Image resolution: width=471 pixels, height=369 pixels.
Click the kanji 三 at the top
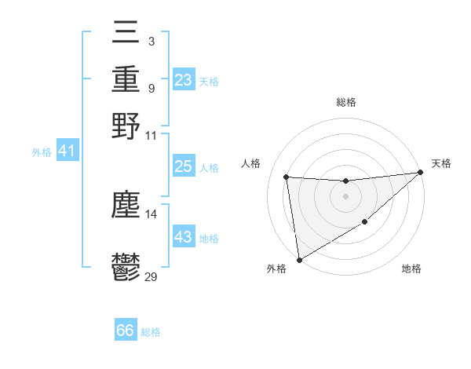tap(126, 34)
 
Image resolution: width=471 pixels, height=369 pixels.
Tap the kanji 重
tap(126, 79)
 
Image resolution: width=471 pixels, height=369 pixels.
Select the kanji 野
tap(126, 126)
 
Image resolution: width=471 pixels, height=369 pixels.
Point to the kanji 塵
tap(126, 206)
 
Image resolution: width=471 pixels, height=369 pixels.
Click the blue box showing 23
tap(184, 80)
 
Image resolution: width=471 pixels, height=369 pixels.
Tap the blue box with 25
tap(184, 166)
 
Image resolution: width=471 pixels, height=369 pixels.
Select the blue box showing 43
tap(184, 237)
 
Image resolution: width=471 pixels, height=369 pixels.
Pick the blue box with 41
tap(68, 150)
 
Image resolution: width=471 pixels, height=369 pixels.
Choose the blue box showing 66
tap(126, 331)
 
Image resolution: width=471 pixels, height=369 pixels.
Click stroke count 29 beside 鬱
tap(152, 276)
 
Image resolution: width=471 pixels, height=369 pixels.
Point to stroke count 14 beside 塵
tap(152, 214)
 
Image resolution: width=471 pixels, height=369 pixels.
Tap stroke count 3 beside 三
tap(151, 40)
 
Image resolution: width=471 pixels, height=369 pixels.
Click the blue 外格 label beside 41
tap(42, 152)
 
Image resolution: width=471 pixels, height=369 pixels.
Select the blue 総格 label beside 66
tap(151, 332)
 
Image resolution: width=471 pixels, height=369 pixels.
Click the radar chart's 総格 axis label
tap(345, 102)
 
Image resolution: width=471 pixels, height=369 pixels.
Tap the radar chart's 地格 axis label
tap(411, 269)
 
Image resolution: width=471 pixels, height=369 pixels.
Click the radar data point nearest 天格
tap(420, 173)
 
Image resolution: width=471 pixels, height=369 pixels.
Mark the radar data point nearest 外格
tap(299, 259)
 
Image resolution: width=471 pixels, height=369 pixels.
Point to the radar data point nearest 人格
tap(287, 177)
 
